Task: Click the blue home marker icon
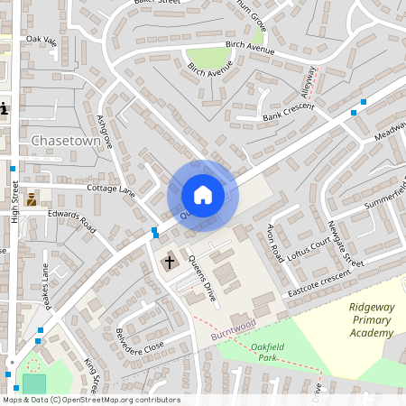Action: [202, 194]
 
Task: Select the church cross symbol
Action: [169, 262]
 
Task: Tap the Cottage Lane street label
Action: [110, 190]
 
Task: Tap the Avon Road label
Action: [275, 244]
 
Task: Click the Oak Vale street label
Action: [42, 40]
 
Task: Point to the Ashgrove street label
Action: [104, 131]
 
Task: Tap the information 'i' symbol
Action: [4, 109]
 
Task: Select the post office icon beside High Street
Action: [32, 199]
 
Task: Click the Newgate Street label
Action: [345, 244]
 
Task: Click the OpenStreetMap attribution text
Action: [91, 400]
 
